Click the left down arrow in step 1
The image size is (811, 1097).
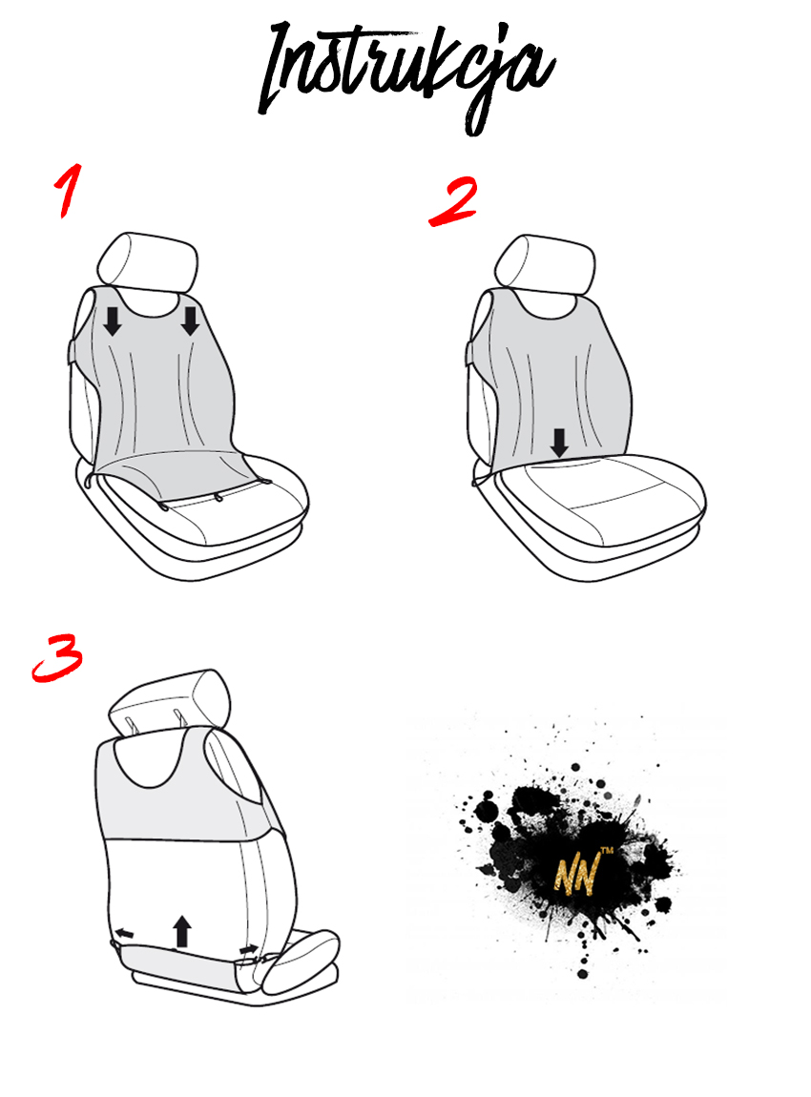click(112, 321)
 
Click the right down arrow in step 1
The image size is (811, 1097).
click(190, 321)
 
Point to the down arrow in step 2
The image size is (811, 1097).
click(558, 443)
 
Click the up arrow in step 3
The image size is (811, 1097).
click(182, 931)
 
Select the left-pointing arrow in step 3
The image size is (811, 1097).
click(125, 933)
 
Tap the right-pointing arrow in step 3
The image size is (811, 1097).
click(248, 949)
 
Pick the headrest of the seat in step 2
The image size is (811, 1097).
click(545, 266)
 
